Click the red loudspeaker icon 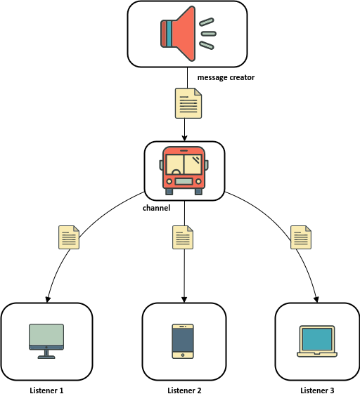187,34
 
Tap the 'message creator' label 226,77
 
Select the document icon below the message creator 188,103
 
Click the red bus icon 184,171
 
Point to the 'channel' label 156,208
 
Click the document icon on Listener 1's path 69,237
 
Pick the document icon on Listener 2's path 183,237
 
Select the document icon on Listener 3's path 301,237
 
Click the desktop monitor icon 46,341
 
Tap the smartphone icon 183,341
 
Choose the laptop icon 317,341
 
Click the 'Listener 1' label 46,390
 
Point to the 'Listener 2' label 184,390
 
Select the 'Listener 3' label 317,390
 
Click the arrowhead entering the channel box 184,138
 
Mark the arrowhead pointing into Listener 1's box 48,300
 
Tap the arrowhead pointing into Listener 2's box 184,300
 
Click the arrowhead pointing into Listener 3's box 316,300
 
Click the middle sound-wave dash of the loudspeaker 209,34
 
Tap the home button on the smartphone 183,355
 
